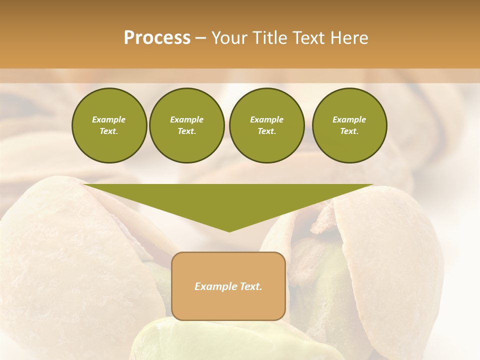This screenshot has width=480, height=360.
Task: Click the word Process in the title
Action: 157,38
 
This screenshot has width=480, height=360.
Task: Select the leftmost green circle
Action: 109,125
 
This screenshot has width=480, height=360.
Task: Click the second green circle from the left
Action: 186,125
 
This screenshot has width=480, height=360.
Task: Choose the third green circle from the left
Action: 266,125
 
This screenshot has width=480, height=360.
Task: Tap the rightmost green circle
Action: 349,125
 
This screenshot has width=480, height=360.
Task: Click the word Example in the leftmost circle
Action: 109,119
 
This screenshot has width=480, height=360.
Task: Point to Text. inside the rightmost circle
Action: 349,131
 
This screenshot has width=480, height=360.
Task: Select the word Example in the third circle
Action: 266,119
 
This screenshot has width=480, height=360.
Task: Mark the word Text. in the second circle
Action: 186,131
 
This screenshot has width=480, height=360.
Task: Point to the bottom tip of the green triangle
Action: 229,230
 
